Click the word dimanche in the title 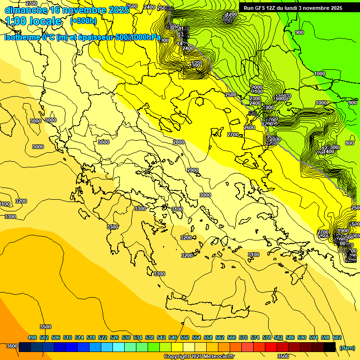(25, 10)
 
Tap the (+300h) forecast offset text (83, 21)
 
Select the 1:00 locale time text (34, 21)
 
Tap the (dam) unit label (346, 347)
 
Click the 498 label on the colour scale (32, 337)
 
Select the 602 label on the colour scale (337, 337)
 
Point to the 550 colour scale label (185, 337)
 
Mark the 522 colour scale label (103, 337)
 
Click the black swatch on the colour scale (330, 347)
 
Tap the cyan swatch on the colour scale (119, 347)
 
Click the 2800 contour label (179, 142)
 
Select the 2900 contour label (193, 170)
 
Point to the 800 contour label (349, 143)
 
